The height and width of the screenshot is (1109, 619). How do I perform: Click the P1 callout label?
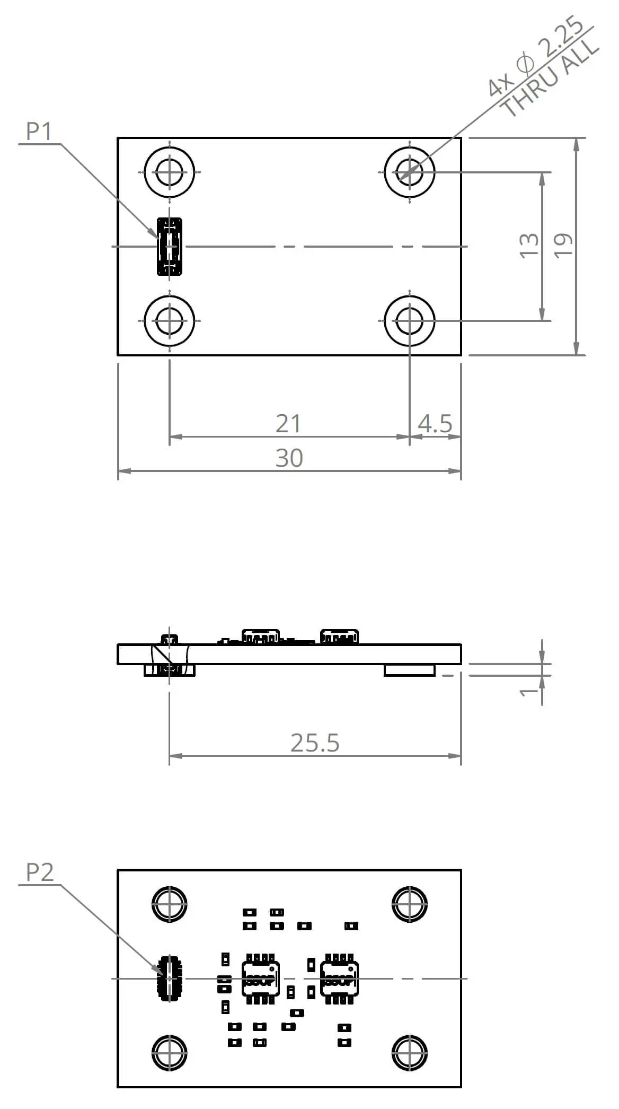click(x=39, y=131)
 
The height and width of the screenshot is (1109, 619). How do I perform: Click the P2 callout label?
click(x=40, y=872)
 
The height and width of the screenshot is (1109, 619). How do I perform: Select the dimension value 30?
click(x=289, y=458)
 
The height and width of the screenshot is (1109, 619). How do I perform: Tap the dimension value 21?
click(x=288, y=424)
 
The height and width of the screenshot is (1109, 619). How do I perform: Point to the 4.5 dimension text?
click(x=435, y=424)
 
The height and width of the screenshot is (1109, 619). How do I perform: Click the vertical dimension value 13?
click(x=529, y=246)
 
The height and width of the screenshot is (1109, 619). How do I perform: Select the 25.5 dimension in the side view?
click(x=315, y=743)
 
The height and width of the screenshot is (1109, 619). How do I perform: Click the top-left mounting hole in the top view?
click(x=169, y=172)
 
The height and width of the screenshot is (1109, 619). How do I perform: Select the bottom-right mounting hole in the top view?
click(x=410, y=321)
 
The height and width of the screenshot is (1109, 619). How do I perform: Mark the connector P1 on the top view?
click(x=170, y=247)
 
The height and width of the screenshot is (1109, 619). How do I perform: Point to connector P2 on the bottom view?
click(x=169, y=979)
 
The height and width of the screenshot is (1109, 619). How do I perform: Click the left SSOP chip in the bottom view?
click(x=260, y=979)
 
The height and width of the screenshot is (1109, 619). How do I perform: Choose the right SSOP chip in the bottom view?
click(x=339, y=979)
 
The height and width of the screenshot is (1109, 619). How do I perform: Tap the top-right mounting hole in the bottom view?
click(x=410, y=904)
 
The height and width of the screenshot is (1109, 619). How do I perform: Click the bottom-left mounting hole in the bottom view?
click(x=169, y=1053)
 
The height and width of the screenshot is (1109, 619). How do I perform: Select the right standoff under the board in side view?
click(x=410, y=670)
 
